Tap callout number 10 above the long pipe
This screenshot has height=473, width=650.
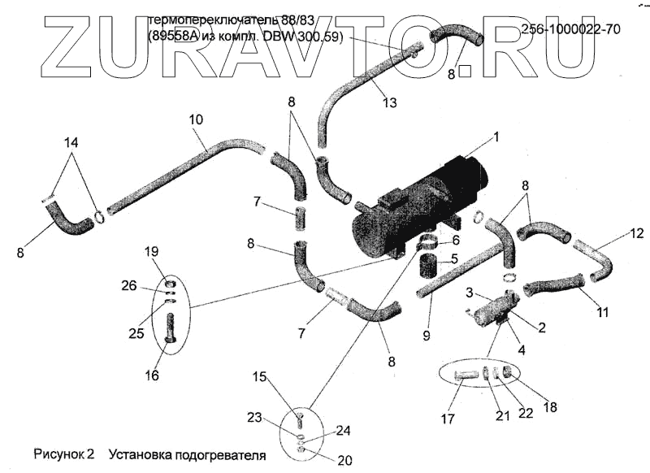point(195,119)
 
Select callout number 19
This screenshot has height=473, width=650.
point(154,251)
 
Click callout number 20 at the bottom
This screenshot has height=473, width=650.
point(344,460)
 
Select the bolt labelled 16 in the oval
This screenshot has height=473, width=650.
point(170,334)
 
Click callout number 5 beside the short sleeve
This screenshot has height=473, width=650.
point(454,259)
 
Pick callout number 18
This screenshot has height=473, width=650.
point(550,407)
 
